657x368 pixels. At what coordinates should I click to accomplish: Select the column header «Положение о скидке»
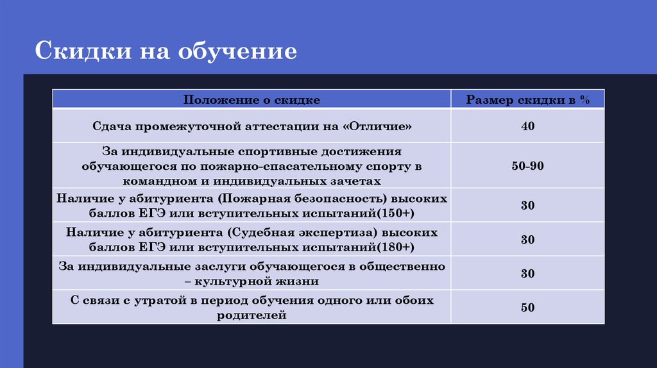click(252, 100)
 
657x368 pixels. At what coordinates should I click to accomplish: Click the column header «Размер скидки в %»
click(527, 100)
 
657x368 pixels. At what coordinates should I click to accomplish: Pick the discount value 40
click(527, 126)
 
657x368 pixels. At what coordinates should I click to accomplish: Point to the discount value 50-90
click(527, 166)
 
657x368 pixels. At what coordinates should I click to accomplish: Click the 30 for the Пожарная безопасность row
click(527, 206)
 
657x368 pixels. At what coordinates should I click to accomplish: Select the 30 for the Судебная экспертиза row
click(527, 240)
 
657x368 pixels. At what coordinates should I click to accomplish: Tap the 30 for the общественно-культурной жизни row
click(527, 273)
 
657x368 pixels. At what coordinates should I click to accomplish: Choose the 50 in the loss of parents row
click(527, 308)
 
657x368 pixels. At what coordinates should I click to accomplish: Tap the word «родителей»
click(252, 315)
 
